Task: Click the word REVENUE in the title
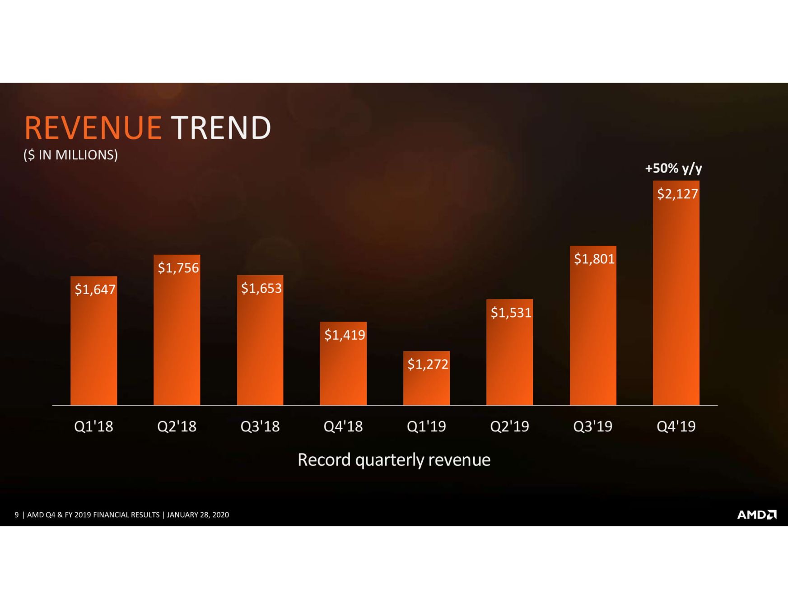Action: (93, 128)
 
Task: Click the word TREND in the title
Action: (221, 128)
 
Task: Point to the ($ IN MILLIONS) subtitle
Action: (70, 155)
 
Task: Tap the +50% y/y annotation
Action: (673, 169)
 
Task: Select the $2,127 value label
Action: (677, 194)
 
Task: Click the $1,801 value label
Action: (594, 259)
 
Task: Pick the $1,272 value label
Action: (427, 364)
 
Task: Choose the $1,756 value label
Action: (178, 268)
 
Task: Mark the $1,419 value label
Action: (344, 335)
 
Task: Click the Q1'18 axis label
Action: (93, 426)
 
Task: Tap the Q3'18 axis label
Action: (260, 426)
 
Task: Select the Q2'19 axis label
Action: (509, 426)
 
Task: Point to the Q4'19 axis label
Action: (676, 426)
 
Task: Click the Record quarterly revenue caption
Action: (394, 460)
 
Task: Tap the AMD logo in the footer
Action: (756, 515)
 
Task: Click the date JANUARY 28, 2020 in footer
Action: (198, 515)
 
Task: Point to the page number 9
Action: (17, 515)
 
